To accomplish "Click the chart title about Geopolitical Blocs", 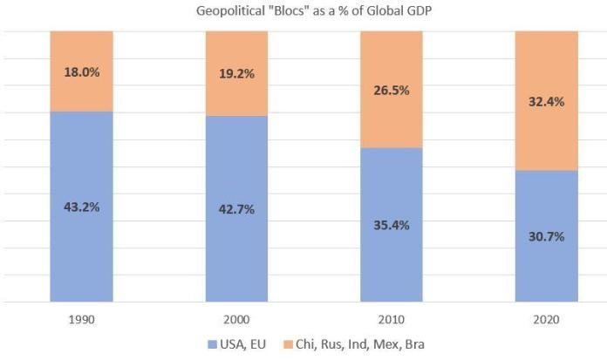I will click(x=303, y=10).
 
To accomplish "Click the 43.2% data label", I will click(x=81, y=207).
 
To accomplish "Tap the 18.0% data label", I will click(x=81, y=71).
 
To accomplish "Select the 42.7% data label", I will click(x=236, y=209).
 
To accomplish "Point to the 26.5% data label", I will click(x=392, y=90).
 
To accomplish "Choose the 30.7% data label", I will click(x=547, y=235).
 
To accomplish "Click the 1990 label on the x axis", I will click(x=81, y=319).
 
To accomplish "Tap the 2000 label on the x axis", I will click(x=236, y=319).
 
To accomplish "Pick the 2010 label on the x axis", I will click(x=392, y=319).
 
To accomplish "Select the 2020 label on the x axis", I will click(x=547, y=319).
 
